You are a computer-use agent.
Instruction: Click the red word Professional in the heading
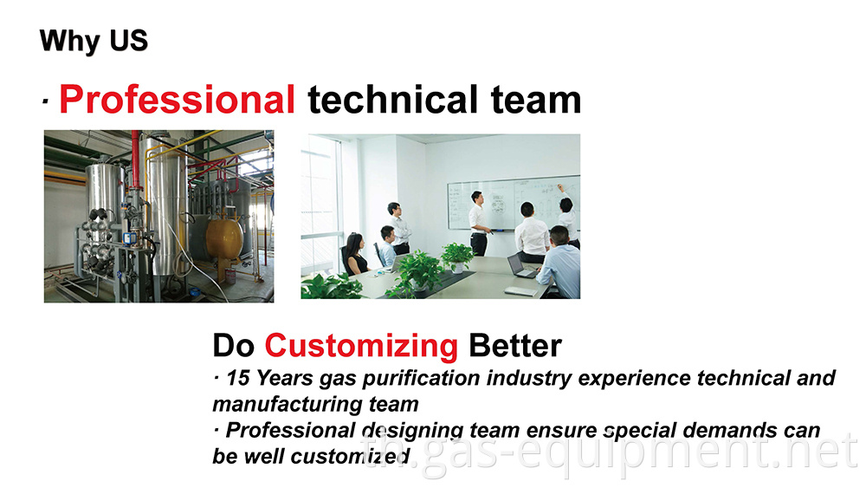coord(177,100)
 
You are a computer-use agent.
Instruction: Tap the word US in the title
coord(129,41)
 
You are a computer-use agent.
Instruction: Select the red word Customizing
coord(361,347)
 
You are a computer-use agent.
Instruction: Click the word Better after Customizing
coord(514,346)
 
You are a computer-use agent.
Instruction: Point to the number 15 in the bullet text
coord(238,379)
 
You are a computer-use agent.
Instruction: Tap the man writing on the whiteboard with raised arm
coord(567,212)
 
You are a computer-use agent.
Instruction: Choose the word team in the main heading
coord(536,100)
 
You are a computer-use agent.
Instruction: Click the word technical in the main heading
coord(392,100)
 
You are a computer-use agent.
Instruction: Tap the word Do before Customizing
coord(233,347)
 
